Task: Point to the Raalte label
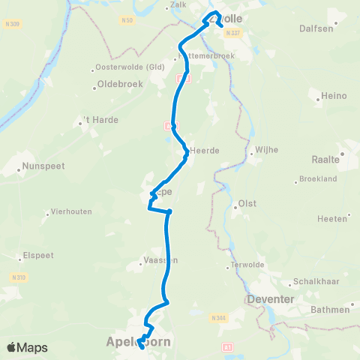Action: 326,159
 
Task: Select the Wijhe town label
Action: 266,149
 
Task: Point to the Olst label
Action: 247,203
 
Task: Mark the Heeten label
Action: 333,218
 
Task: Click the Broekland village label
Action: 316,180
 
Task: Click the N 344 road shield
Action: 218,318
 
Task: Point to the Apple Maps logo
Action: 27,347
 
